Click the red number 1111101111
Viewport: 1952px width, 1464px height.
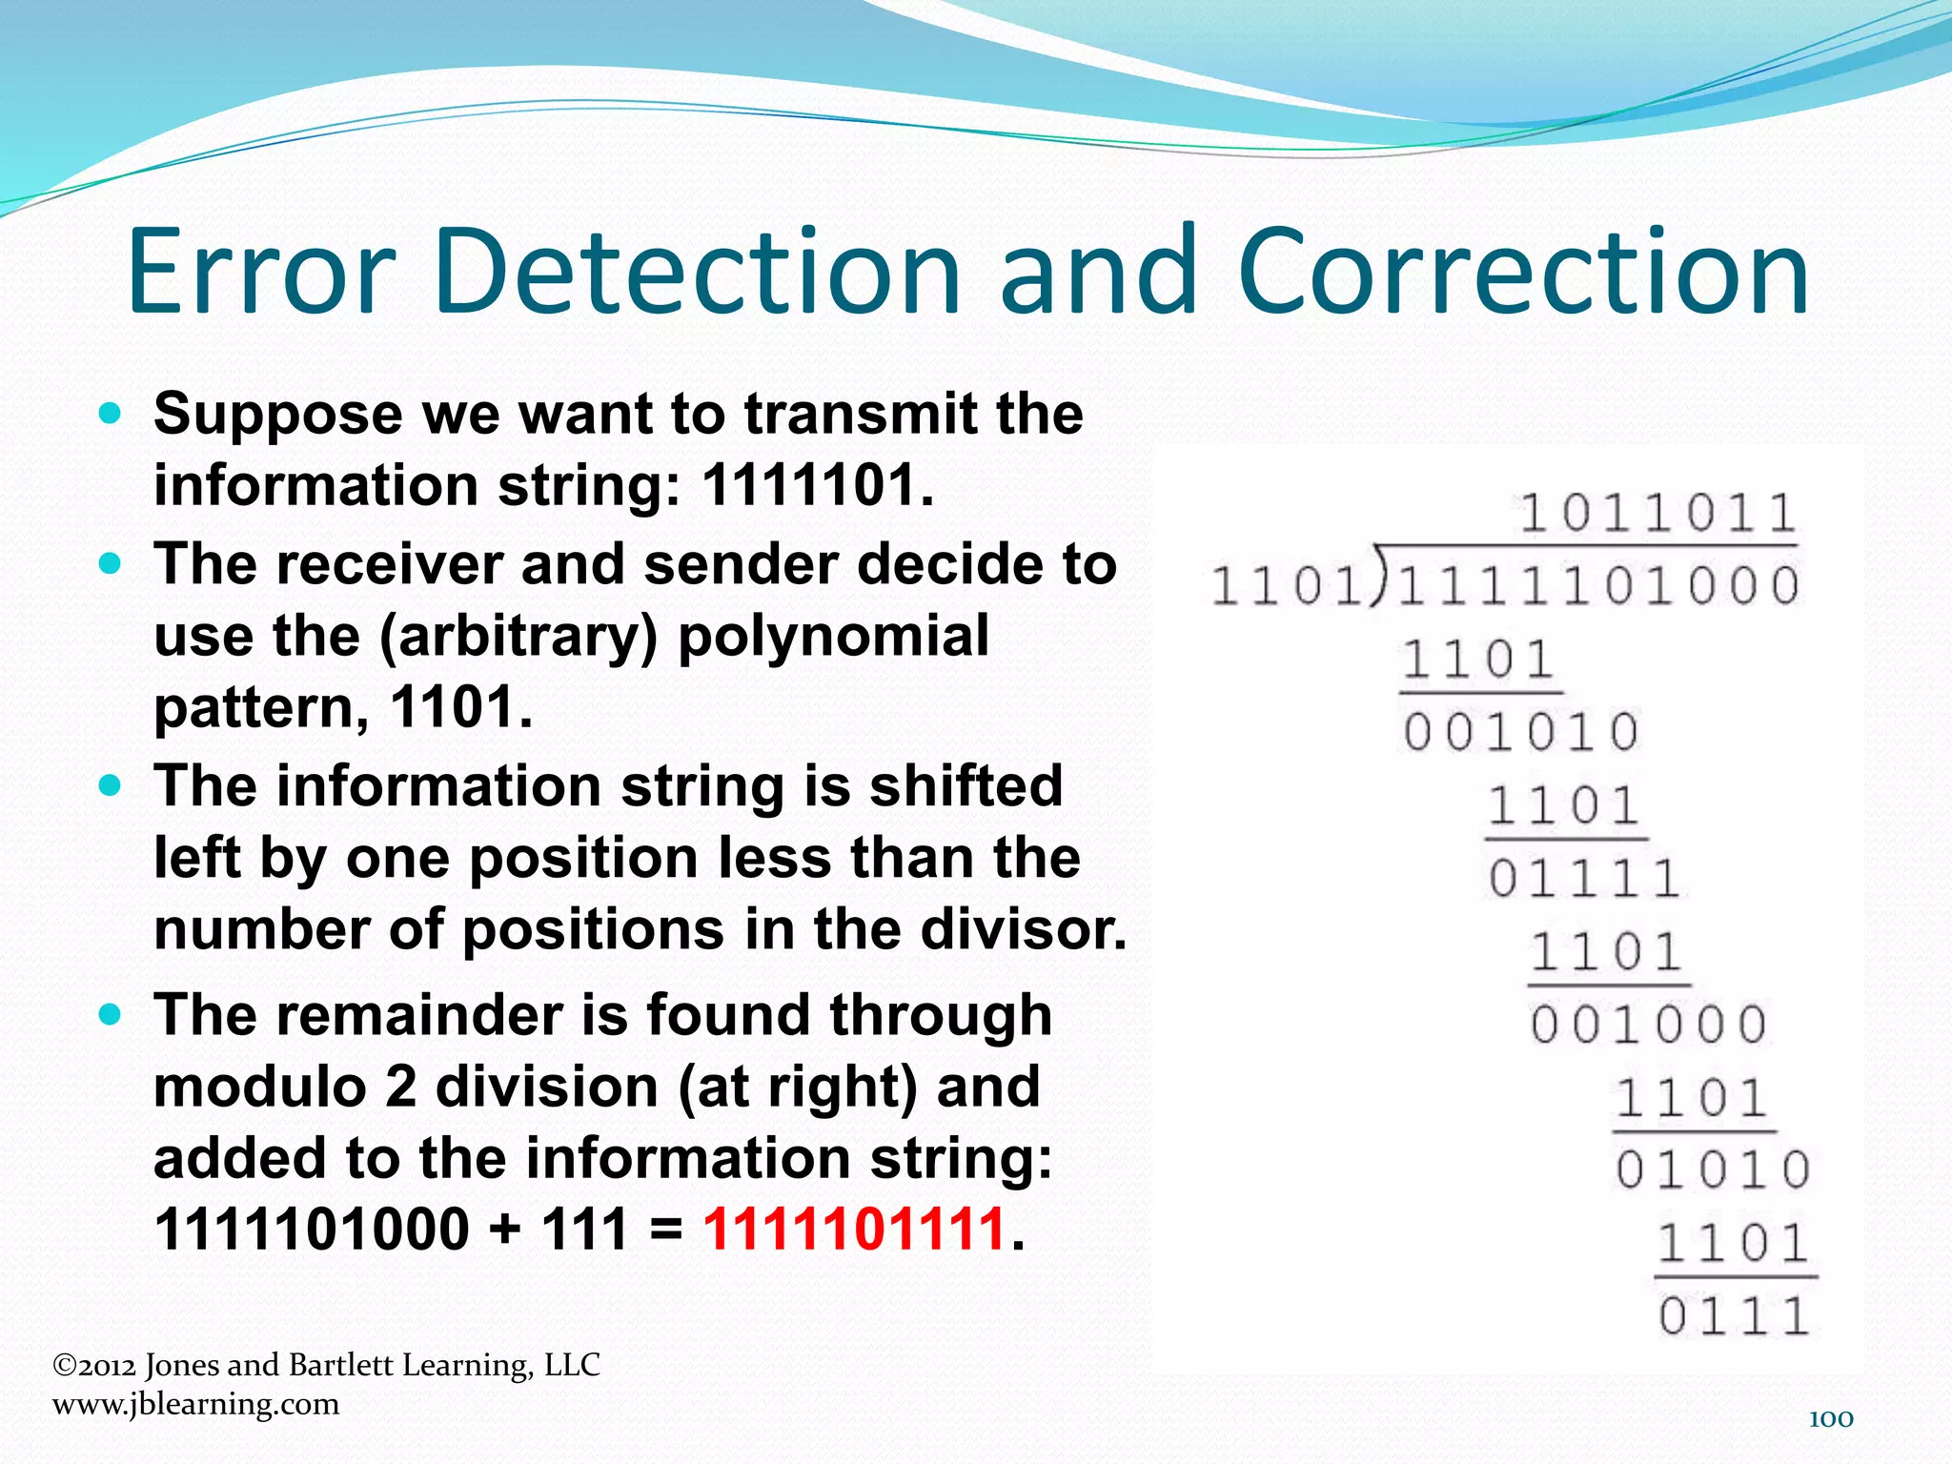point(855,1229)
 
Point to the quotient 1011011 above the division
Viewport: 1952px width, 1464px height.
point(1657,513)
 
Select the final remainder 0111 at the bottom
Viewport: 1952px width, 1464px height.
point(1734,1316)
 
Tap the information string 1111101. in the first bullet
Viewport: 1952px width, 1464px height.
point(818,484)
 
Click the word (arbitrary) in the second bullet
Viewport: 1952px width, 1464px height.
point(518,636)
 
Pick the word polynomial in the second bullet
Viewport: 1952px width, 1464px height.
point(833,636)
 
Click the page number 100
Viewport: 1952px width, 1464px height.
point(1830,1419)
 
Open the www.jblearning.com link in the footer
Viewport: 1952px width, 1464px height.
point(195,1404)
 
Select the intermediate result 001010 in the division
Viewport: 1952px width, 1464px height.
point(1520,732)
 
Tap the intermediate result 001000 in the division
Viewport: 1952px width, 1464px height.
point(1649,1026)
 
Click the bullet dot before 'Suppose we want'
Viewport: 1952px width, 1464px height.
point(111,414)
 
